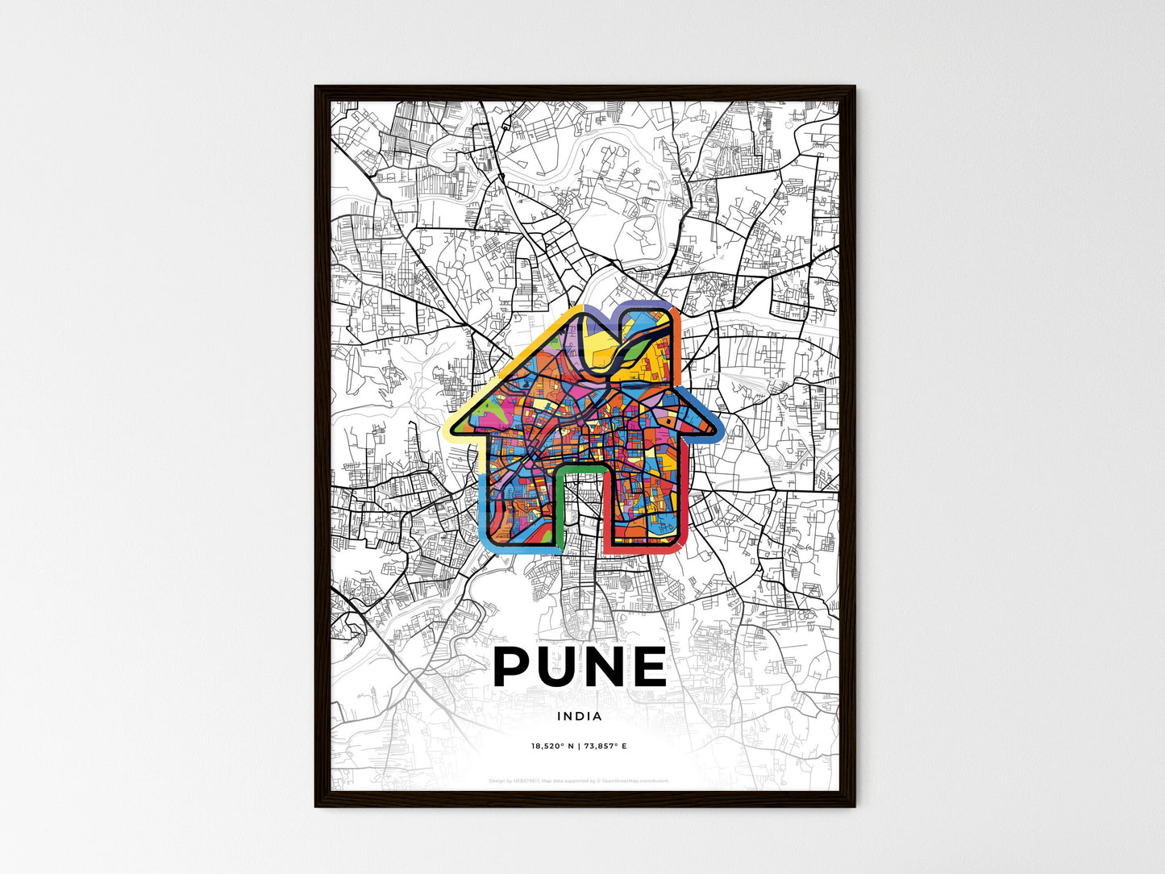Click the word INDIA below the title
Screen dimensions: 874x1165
(579, 716)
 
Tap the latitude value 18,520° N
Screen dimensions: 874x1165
(552, 746)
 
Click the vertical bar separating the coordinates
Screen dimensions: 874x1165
(580, 746)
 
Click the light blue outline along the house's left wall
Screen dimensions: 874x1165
(483, 508)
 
